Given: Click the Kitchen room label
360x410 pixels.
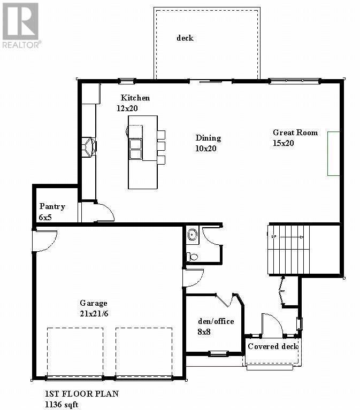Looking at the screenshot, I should [135, 98].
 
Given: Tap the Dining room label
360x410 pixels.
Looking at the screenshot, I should [208, 138].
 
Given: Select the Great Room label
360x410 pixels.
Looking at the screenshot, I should [295, 133].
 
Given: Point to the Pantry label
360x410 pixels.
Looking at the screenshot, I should [52, 207].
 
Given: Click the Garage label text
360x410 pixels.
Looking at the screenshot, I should [94, 303].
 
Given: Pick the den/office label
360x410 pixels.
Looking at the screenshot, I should [216, 322].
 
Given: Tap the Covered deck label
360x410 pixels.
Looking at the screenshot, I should [273, 346].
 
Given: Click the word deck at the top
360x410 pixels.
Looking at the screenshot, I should [185, 38].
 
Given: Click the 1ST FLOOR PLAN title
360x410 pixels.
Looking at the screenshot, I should [81, 394].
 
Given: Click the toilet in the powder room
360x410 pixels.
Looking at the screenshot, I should [192, 257].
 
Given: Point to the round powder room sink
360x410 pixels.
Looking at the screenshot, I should [193, 234].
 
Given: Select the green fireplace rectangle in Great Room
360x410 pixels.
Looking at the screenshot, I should [334, 153].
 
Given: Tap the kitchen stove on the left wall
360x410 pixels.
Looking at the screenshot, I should [88, 147].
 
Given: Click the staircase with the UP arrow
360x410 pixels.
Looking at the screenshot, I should [288, 250].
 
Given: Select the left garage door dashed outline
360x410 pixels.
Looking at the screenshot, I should [75, 353].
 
